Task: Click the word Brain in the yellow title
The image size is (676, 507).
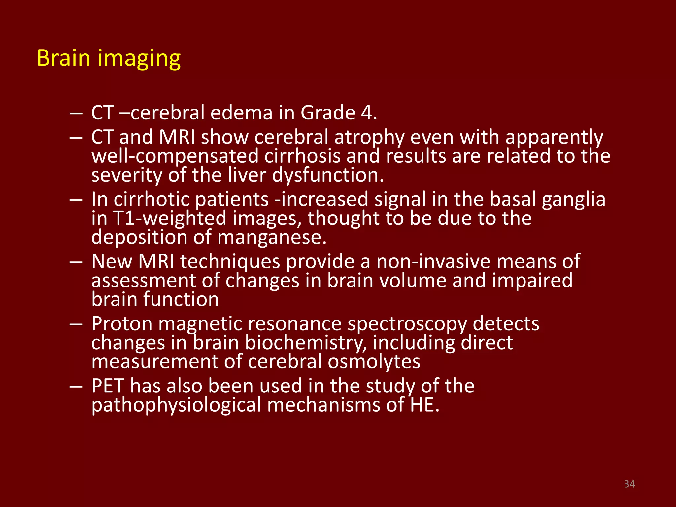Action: tap(63, 58)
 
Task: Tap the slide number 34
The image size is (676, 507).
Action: tap(629, 484)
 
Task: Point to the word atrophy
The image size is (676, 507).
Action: tap(369, 138)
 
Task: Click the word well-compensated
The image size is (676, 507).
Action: tap(175, 156)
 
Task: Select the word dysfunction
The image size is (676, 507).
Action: tap(325, 175)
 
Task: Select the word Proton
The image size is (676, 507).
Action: tap(122, 324)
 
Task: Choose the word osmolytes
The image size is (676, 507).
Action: tap(374, 362)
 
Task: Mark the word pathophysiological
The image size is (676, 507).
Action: tap(176, 406)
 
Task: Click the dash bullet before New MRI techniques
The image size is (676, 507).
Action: tap(76, 262)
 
